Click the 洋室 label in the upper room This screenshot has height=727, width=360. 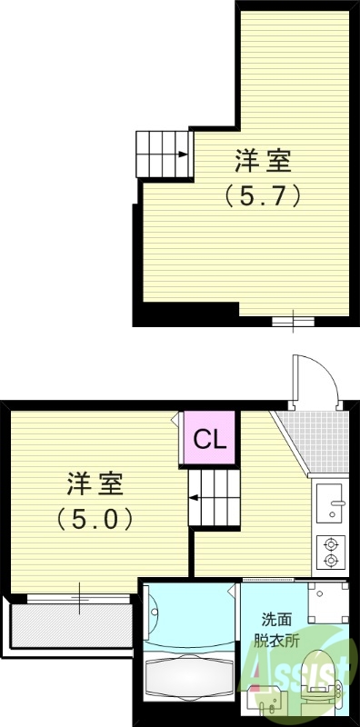tap(264, 162)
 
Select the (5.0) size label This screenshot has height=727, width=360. tap(95, 518)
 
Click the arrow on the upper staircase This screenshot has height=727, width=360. tap(182, 154)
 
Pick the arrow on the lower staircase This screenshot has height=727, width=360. tap(195, 497)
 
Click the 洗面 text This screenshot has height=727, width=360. tap(276, 620)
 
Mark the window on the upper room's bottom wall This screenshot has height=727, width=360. tap(294, 321)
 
